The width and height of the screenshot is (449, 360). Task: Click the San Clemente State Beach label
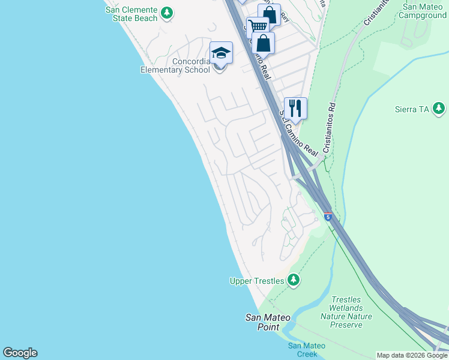click(x=131, y=14)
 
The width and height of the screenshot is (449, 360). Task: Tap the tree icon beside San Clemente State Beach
click(x=168, y=12)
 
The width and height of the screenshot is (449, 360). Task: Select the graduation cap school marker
click(x=220, y=53)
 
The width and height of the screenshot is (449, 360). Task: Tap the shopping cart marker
click(x=258, y=27)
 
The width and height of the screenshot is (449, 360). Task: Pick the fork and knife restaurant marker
click(x=295, y=109)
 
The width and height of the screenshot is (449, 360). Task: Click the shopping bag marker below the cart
click(x=263, y=43)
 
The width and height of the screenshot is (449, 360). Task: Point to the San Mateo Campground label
click(x=424, y=11)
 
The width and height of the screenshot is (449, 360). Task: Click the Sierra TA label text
click(x=412, y=109)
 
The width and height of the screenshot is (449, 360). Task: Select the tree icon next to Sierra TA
click(x=439, y=109)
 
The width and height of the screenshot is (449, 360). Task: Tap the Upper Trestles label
click(x=258, y=281)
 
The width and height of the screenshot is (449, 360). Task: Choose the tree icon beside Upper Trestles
click(x=293, y=280)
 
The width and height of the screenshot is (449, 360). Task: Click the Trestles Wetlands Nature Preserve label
click(x=346, y=312)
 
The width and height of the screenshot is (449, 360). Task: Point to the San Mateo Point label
click(x=268, y=322)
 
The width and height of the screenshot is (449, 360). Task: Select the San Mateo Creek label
click(x=306, y=350)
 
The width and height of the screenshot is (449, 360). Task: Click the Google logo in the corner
click(x=20, y=353)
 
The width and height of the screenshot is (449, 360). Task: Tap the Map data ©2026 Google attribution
click(x=412, y=356)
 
